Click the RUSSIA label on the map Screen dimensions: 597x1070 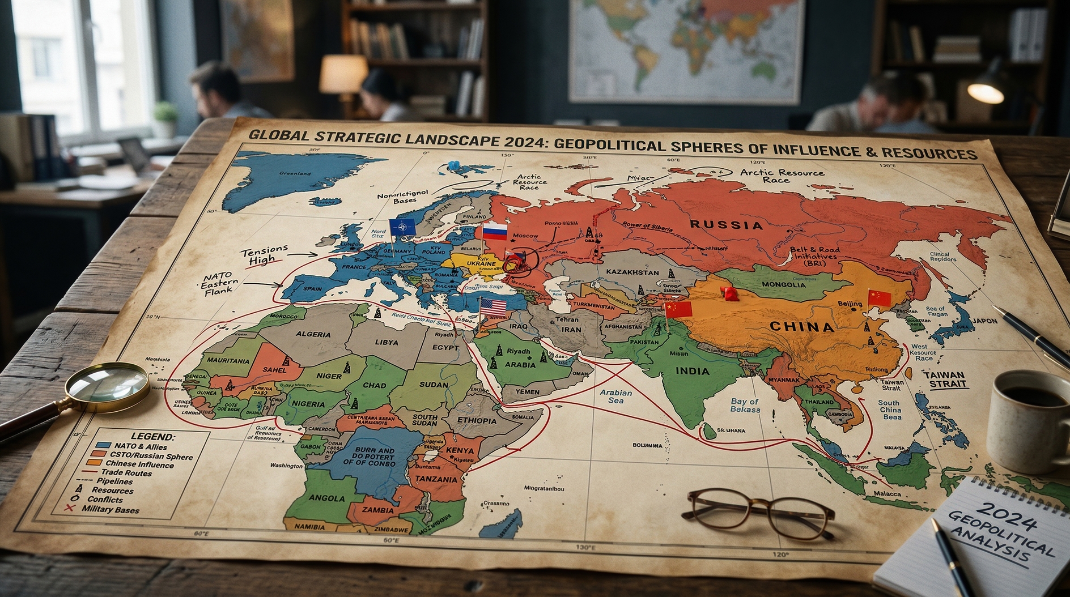point(726,225)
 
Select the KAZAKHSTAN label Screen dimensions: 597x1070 point(632,272)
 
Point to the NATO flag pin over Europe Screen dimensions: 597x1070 point(402,227)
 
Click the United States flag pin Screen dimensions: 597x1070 point(492,308)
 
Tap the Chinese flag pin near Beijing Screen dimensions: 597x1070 point(879,298)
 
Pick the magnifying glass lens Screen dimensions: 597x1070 point(108,386)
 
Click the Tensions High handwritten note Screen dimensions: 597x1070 point(264,255)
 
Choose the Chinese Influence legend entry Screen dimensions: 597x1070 point(139,464)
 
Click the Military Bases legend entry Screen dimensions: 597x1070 point(110,509)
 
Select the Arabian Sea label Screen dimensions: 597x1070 point(615,396)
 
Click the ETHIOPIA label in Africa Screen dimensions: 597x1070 point(477,420)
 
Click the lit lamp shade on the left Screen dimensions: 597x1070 point(343,74)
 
